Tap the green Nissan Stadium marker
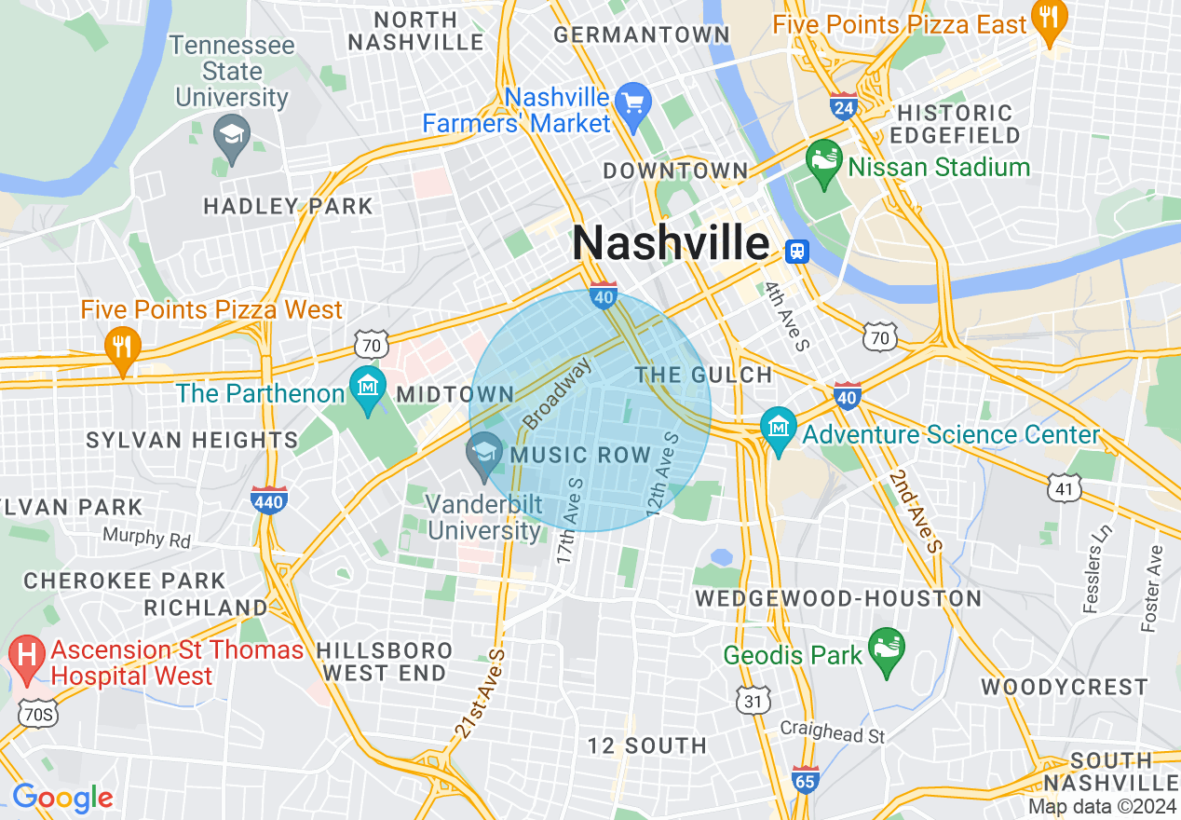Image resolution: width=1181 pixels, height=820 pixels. (823, 164)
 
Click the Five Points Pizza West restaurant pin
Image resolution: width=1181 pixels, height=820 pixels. (121, 347)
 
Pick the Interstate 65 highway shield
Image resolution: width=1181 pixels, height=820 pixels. (806, 779)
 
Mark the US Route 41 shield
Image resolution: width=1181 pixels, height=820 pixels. (1064, 485)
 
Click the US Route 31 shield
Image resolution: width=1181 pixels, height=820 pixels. (751, 698)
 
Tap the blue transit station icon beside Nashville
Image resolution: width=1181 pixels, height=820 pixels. (796, 250)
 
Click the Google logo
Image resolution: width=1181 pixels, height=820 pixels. (62, 798)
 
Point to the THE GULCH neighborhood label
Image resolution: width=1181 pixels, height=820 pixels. (703, 375)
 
